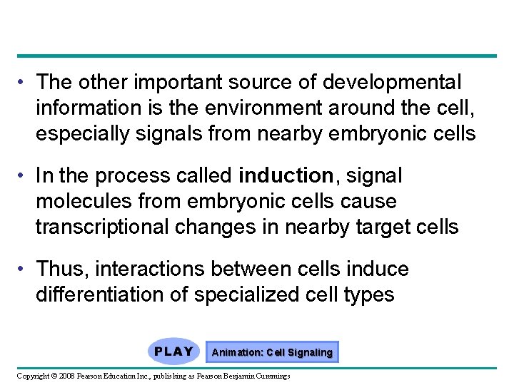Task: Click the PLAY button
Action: pos(173,351)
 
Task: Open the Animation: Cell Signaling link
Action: pos(272,352)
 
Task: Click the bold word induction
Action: pos(286,175)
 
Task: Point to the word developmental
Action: pos(392,83)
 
